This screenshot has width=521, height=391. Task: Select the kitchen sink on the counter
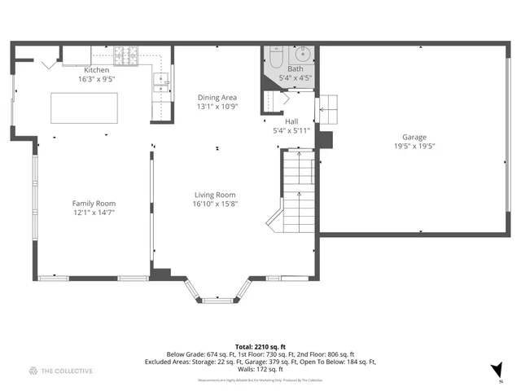161,80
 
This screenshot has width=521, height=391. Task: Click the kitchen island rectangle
85,107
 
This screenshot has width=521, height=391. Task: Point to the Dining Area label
216,97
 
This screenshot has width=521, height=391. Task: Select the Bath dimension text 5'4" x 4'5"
296,78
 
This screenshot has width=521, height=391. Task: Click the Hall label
291,121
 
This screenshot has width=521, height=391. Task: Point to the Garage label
414,137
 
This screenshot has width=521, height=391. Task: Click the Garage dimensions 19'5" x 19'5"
414,147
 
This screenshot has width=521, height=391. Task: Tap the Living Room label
215,195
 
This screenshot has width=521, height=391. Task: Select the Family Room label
94,204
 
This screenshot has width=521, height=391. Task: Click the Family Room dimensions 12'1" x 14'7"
94,213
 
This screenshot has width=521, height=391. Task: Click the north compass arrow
498,370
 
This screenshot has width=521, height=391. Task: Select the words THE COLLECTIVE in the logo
68,371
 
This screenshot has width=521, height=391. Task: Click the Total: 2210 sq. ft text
260,346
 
